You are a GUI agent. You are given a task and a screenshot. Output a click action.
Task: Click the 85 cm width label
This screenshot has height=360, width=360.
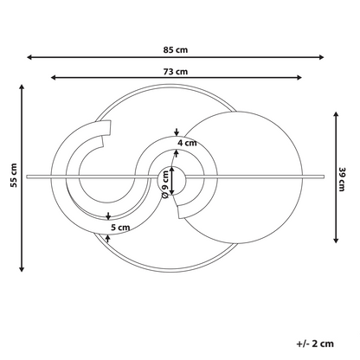point(176,50)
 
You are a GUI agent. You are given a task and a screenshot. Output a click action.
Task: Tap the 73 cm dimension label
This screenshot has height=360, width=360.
point(176,71)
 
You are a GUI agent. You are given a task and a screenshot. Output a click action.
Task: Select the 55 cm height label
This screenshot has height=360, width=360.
point(14,175)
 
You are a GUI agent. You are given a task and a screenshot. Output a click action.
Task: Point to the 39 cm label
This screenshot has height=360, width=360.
point(342,179)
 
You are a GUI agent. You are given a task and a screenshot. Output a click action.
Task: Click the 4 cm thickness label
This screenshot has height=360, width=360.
point(187,143)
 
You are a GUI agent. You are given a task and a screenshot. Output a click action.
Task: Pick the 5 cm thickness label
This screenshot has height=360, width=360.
point(120,228)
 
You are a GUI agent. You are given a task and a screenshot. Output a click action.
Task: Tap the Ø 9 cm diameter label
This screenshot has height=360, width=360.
point(165,184)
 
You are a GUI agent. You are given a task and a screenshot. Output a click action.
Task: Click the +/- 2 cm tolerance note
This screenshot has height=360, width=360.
point(315,344)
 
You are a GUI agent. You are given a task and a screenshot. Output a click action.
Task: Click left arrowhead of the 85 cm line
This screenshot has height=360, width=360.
point(29,57)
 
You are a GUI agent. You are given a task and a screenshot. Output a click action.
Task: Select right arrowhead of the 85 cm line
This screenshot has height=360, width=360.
point(321,57)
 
